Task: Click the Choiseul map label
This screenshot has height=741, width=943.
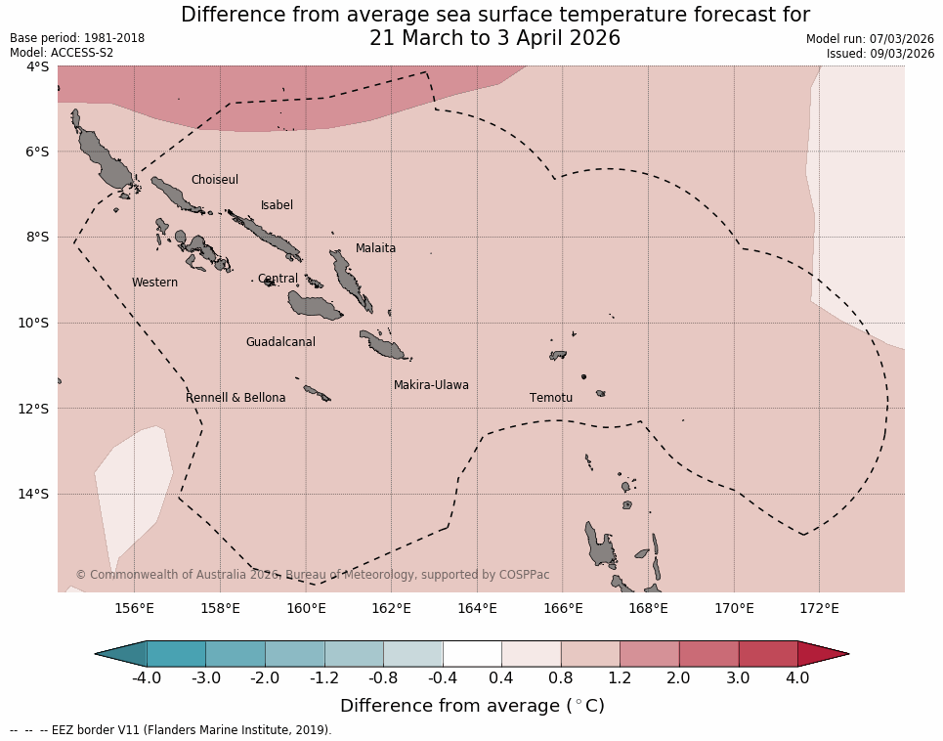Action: tap(214, 180)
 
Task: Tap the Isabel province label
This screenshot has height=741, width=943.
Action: tap(277, 205)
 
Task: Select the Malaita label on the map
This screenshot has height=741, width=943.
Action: tap(375, 248)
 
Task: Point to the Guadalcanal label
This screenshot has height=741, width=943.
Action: tap(280, 342)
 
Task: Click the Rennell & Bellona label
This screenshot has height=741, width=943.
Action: tap(236, 398)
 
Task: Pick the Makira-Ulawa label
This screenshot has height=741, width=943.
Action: tap(431, 385)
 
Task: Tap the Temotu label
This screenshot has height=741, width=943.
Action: tap(551, 398)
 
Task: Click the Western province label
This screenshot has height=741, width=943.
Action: tap(154, 283)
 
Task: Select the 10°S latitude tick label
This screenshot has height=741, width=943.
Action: tap(37, 323)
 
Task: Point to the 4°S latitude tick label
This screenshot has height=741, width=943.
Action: tap(37, 66)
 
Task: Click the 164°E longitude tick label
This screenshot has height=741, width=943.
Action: tap(477, 609)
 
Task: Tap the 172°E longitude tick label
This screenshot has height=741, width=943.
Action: tap(819, 609)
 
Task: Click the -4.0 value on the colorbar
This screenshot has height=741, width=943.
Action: tap(147, 677)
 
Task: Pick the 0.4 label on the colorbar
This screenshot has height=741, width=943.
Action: tap(501, 677)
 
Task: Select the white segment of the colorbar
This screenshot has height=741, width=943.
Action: tap(472, 653)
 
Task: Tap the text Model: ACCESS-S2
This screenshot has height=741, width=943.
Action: tap(62, 53)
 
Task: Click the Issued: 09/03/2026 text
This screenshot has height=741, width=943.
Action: tap(880, 54)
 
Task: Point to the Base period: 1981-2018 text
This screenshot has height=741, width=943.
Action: tap(77, 38)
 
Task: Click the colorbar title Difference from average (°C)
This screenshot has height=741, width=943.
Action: tap(472, 706)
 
